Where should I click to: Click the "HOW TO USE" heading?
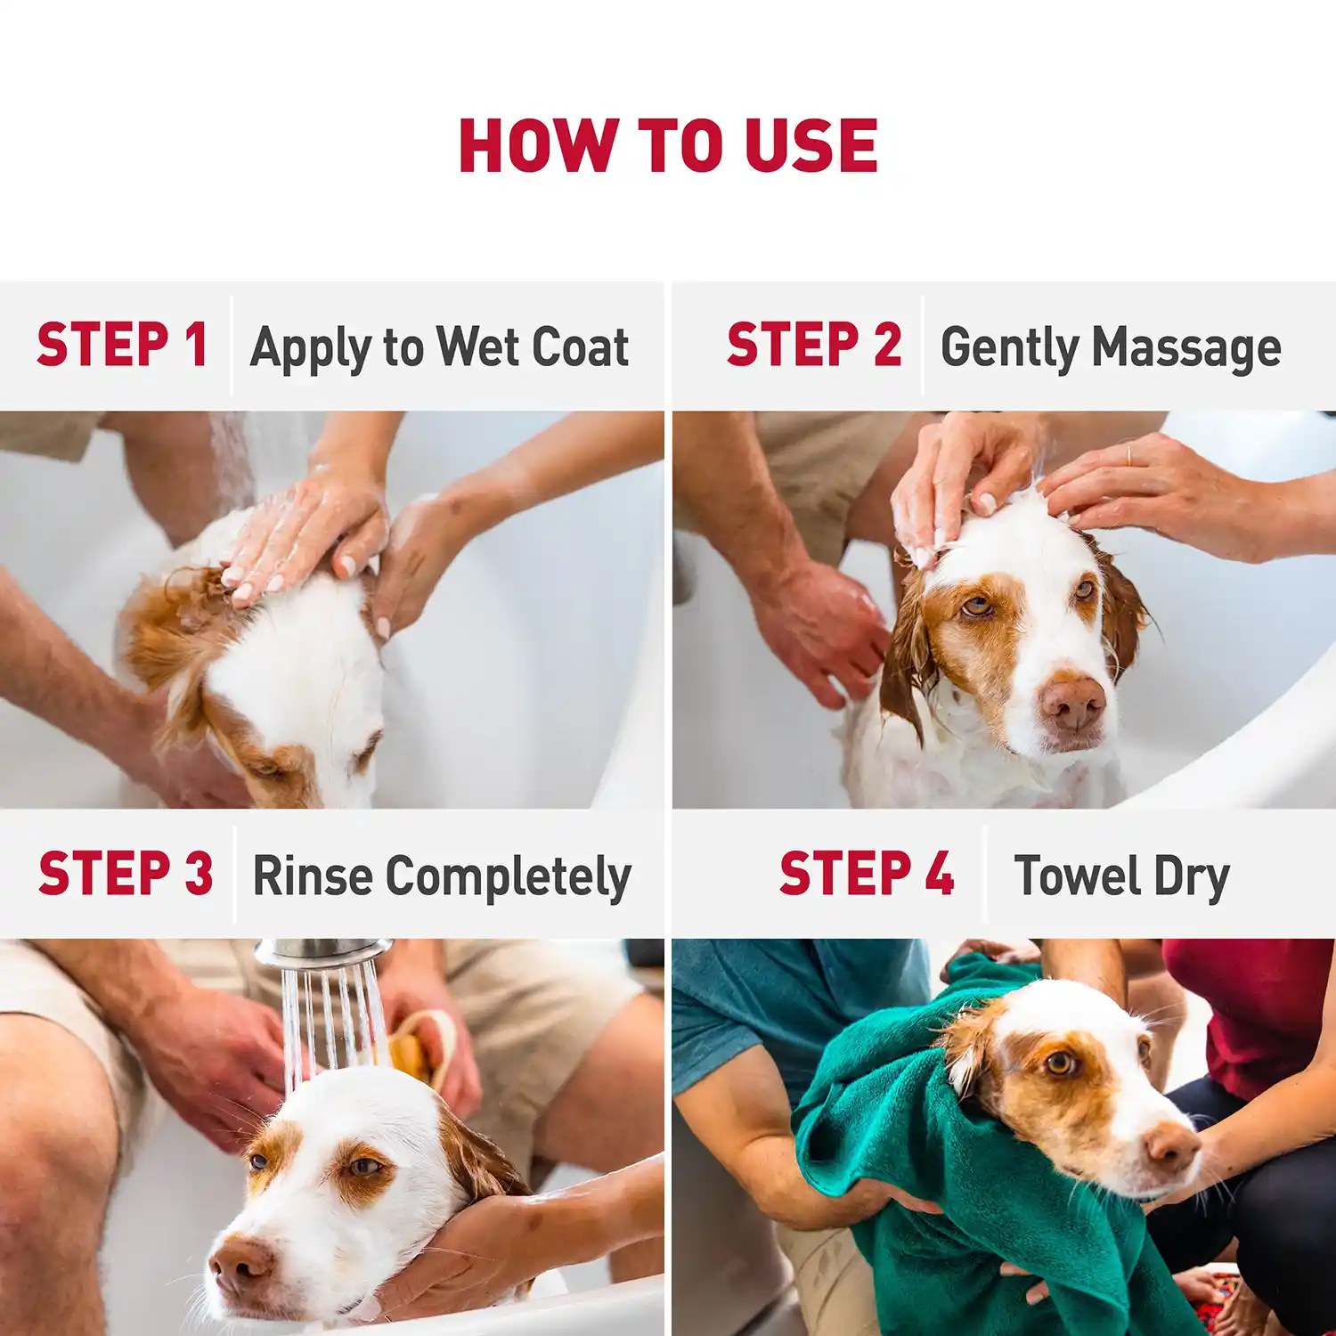pos(668,146)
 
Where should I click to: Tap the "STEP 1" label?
pos(123,346)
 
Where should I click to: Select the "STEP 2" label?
pos(813,346)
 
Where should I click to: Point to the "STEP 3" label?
pos(126,873)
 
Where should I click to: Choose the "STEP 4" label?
pos(866,873)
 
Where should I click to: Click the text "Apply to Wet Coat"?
pos(439,347)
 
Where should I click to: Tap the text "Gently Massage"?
pos(1111,347)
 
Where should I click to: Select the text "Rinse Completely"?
pos(442,876)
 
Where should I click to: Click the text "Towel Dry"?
pos(1121,876)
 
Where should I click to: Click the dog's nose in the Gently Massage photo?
pos(1072,701)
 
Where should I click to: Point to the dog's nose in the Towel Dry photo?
pos(1172,1146)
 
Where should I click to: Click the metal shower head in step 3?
pos(322,953)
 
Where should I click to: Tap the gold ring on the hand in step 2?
pos(1129,454)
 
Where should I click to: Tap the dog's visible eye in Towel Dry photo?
pos(1060,1063)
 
